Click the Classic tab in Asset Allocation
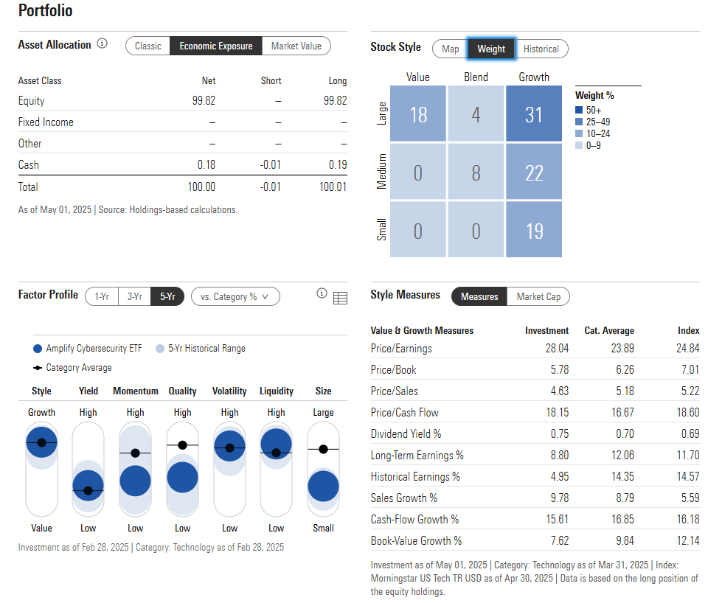click(x=147, y=46)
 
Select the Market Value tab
click(x=296, y=46)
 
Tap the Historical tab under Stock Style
click(x=541, y=49)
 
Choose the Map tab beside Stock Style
click(x=450, y=49)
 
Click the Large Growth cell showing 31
click(x=533, y=114)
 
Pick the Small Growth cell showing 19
click(x=533, y=231)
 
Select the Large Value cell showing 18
click(x=418, y=114)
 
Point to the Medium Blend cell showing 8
click(x=476, y=172)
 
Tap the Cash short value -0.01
click(x=271, y=165)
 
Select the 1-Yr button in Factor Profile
click(x=102, y=296)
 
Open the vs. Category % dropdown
click(x=235, y=296)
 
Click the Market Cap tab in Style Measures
click(x=538, y=296)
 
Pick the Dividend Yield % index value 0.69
click(x=688, y=433)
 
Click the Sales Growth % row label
click(x=404, y=498)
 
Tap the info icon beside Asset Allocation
click(x=102, y=43)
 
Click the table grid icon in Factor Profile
click(x=340, y=298)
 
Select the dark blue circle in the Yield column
click(x=88, y=485)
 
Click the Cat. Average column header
click(x=608, y=331)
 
